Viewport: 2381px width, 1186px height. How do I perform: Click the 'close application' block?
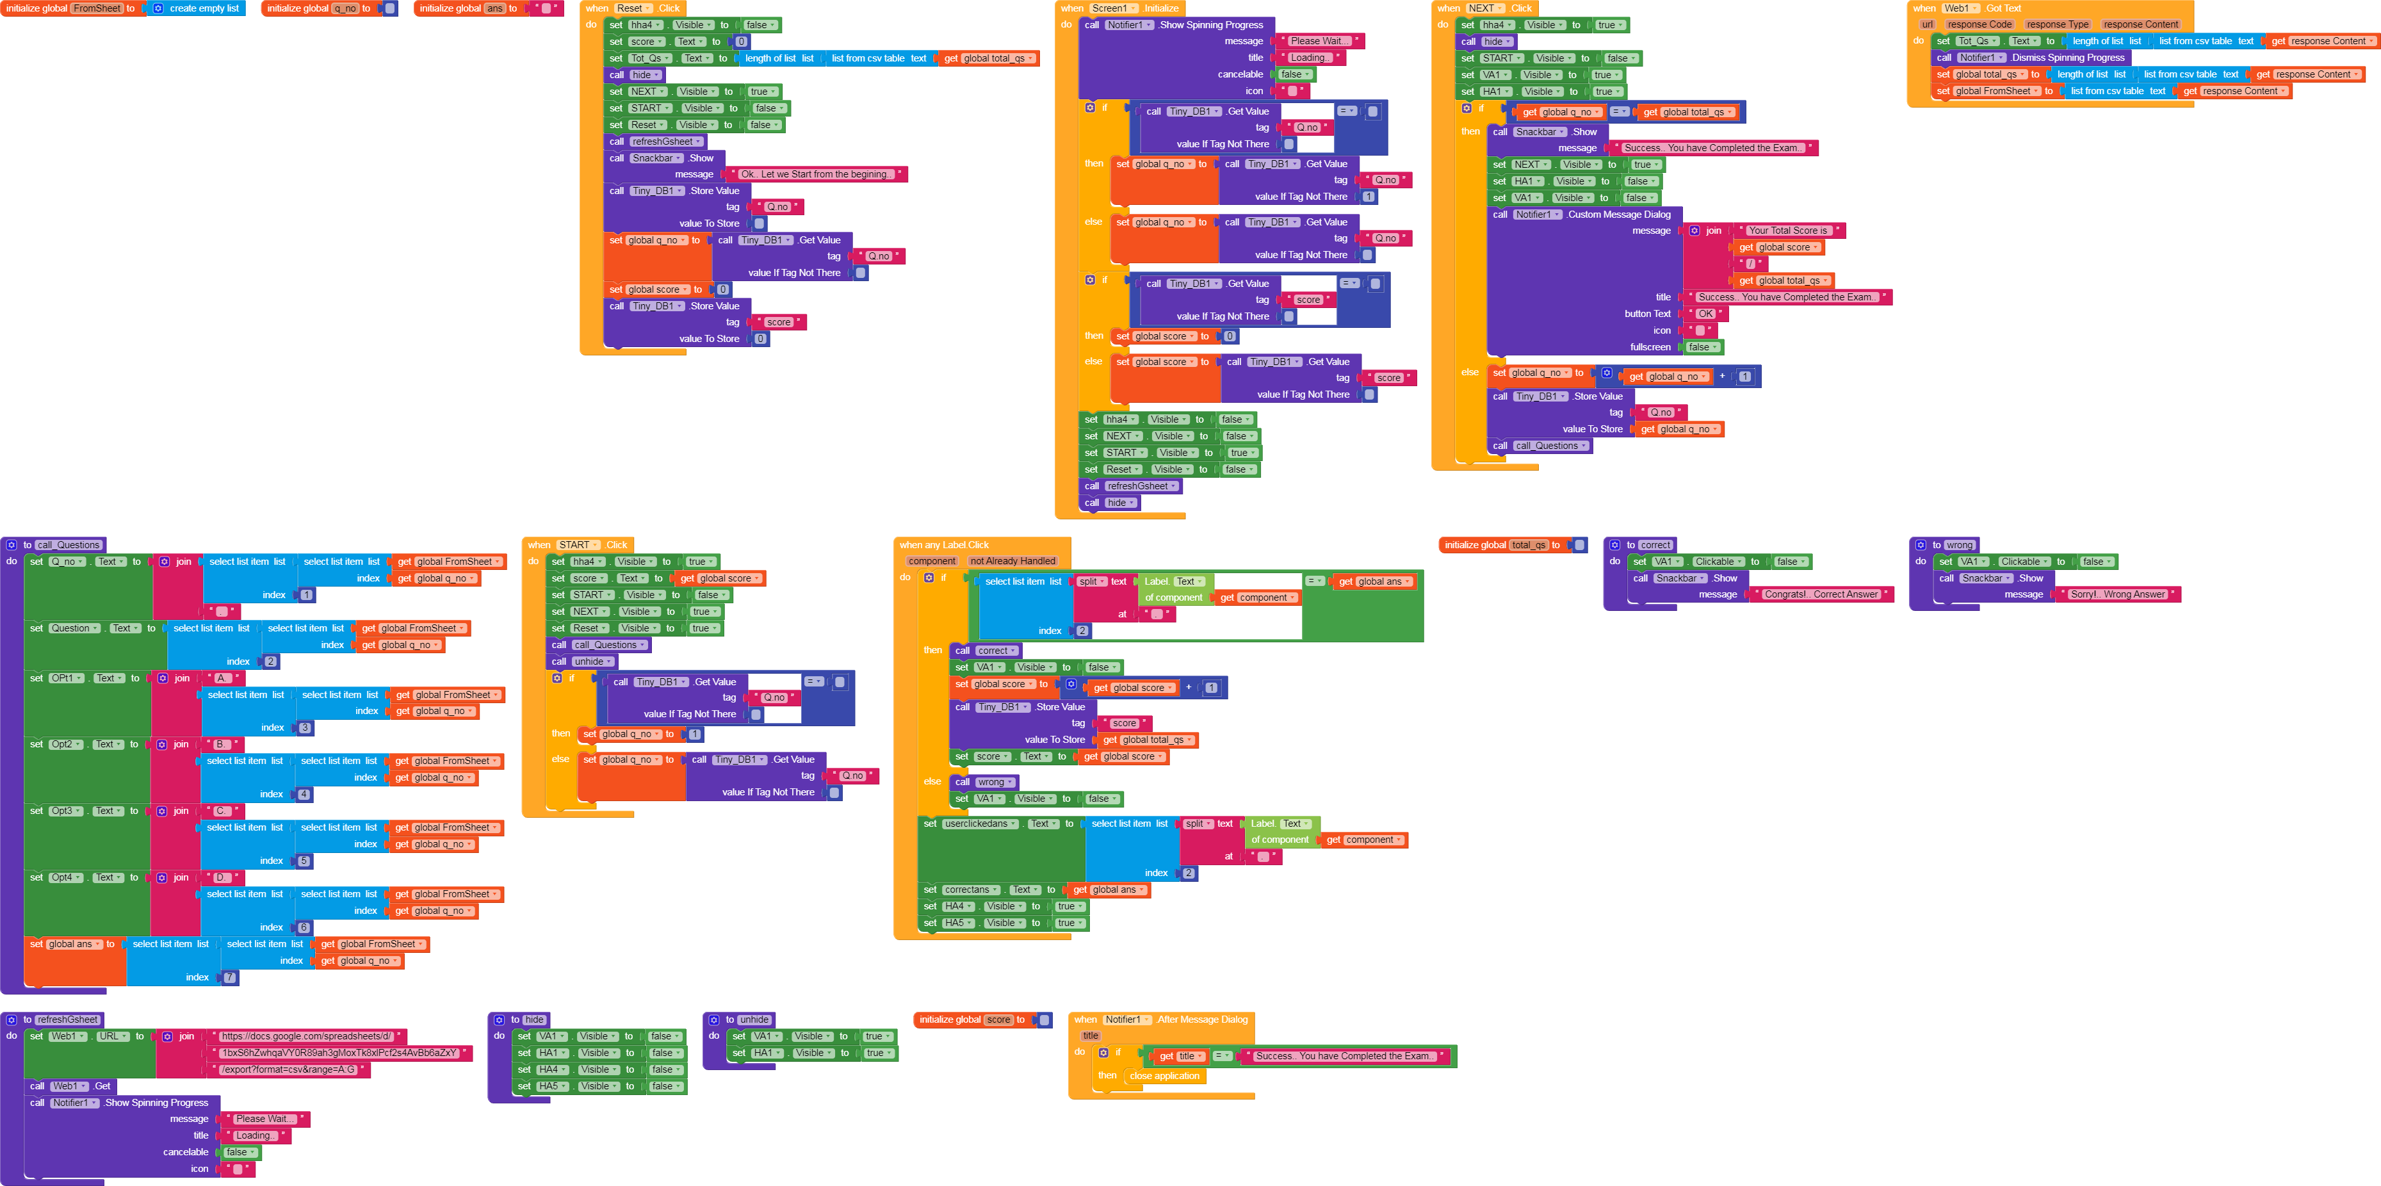coord(1164,1076)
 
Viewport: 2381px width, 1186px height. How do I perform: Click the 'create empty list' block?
coord(204,8)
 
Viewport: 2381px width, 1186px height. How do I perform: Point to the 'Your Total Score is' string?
coord(1787,230)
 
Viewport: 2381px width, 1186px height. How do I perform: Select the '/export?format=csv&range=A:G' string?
coord(288,1069)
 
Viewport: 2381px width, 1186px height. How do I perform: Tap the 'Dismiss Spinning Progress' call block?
coord(2067,57)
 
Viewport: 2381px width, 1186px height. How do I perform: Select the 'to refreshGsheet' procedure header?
coord(60,1019)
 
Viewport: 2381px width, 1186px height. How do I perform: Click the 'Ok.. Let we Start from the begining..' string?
coord(816,174)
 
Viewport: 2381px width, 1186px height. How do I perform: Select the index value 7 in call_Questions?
coord(229,977)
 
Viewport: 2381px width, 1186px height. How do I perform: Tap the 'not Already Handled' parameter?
coord(1012,561)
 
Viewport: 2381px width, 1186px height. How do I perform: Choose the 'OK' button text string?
coord(1705,313)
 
